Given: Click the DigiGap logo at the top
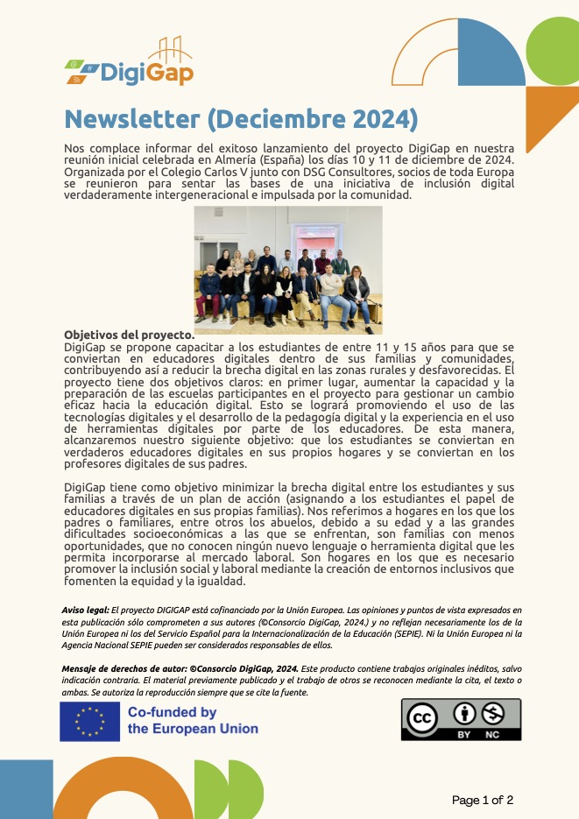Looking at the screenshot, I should (131, 66).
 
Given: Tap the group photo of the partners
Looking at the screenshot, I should (288, 270).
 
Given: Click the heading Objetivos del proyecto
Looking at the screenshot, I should (129, 335).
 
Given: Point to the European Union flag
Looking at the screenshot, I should (89, 721).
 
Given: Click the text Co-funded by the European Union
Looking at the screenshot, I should (193, 721).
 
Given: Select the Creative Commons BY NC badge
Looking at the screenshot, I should (461, 719).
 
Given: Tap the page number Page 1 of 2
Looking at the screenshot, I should (483, 800).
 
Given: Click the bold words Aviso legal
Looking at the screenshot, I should (85, 610).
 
